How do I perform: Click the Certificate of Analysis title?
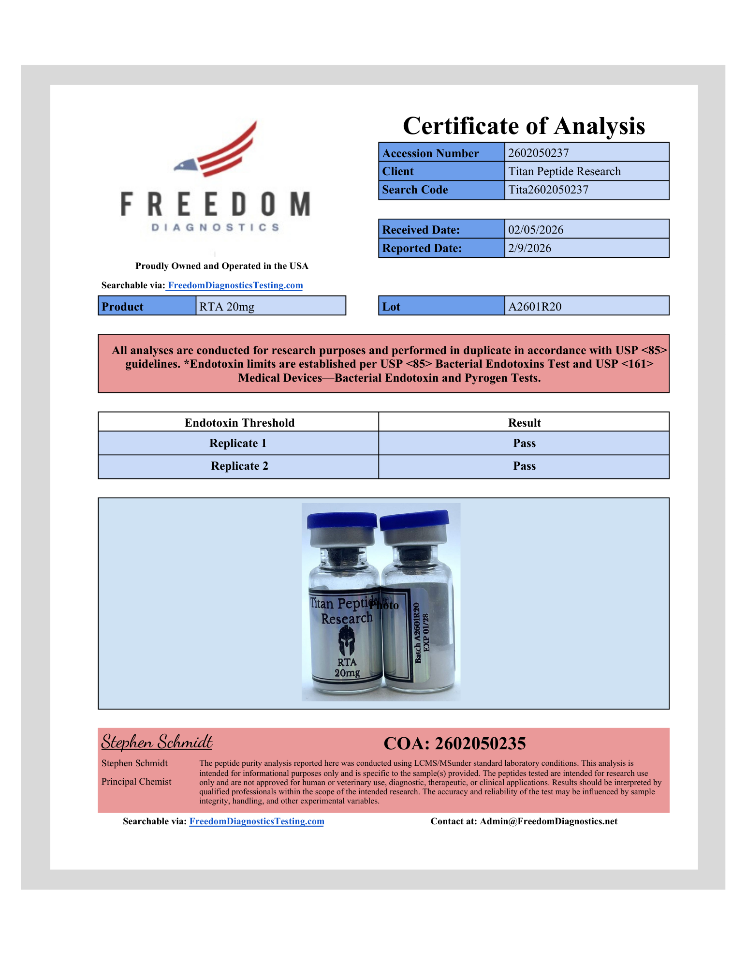click(524, 126)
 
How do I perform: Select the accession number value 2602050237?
click(538, 153)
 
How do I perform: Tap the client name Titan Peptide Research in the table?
click(564, 171)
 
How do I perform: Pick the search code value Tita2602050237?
click(548, 190)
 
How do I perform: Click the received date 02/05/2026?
click(536, 230)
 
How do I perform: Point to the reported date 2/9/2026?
click(529, 248)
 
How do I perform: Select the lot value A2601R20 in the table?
click(535, 307)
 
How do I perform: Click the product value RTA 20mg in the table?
click(227, 307)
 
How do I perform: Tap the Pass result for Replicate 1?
click(524, 443)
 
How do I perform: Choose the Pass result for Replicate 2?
click(524, 466)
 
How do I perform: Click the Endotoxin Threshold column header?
click(239, 423)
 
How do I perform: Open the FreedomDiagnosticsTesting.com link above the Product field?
click(235, 285)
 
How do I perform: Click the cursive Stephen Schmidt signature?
click(157, 742)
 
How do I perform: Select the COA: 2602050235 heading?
click(454, 744)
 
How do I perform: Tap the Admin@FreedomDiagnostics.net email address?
click(548, 821)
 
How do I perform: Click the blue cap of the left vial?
click(342, 520)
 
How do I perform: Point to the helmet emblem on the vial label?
click(346, 640)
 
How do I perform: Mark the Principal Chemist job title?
click(136, 782)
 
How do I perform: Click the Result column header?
click(524, 423)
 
